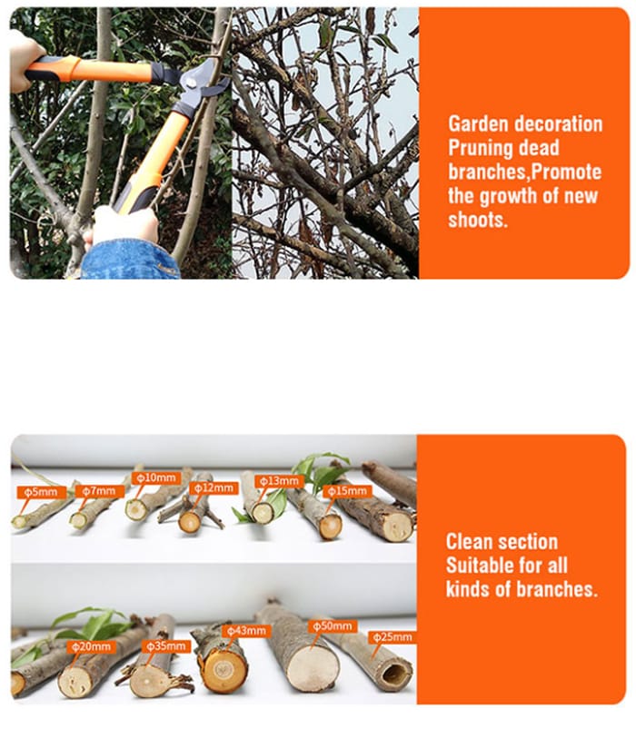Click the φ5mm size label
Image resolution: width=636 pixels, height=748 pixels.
click(42, 492)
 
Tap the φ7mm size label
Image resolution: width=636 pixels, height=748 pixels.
click(99, 491)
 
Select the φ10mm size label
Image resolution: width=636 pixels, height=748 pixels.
click(156, 477)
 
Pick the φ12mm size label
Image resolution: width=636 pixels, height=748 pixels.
click(214, 488)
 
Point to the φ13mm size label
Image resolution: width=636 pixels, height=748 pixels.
click(279, 481)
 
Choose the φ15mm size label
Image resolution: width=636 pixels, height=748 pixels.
click(347, 491)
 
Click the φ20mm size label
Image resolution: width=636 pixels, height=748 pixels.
click(91, 647)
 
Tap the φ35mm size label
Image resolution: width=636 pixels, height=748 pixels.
click(166, 646)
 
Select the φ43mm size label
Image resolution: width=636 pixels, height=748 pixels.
click(246, 631)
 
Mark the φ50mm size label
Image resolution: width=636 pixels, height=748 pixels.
click(333, 625)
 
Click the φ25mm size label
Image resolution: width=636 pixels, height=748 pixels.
click(392, 637)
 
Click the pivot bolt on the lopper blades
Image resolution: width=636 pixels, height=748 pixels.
click(192, 83)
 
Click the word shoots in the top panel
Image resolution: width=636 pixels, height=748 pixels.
click(476, 220)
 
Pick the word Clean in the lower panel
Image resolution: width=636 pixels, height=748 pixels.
click(469, 542)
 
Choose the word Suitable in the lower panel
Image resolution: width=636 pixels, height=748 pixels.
click(480, 566)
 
